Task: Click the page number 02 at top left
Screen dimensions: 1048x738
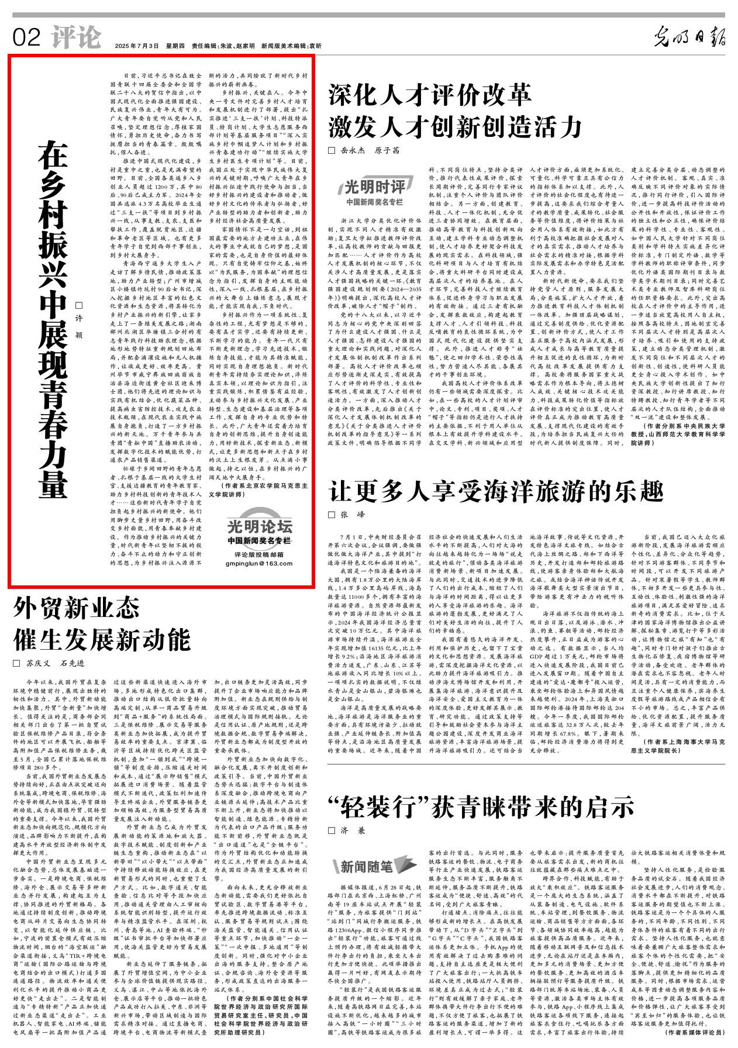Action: [x=26, y=38]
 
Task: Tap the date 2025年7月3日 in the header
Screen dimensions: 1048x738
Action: [x=137, y=46]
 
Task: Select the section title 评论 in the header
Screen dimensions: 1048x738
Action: [x=76, y=37]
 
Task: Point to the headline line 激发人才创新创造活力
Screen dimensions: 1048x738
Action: [x=455, y=126]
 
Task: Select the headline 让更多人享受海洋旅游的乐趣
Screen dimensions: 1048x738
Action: [x=496, y=491]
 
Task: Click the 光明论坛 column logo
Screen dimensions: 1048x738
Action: [x=259, y=526]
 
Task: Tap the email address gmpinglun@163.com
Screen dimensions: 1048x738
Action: [x=259, y=564]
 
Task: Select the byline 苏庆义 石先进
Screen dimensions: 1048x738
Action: [x=55, y=663]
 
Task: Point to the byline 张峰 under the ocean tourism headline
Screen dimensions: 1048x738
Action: [x=352, y=515]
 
